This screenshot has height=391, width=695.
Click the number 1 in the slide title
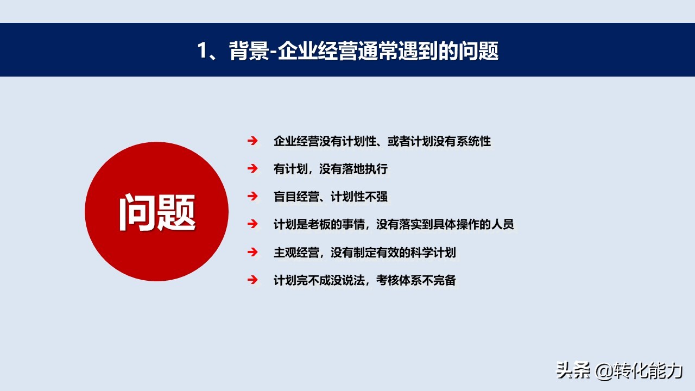point(202,51)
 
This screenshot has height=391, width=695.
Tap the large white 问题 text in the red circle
point(157,212)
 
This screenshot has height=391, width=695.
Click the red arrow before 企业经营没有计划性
point(252,141)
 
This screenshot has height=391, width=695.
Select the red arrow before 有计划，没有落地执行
point(252,168)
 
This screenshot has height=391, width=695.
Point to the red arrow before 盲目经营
point(252,196)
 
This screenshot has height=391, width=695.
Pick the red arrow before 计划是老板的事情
point(252,224)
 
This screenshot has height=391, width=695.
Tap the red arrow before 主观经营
point(252,251)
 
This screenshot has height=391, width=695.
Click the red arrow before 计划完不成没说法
point(252,280)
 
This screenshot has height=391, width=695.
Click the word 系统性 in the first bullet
point(473,141)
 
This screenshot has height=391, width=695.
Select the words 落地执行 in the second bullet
point(365,169)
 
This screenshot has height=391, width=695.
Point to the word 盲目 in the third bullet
point(285,197)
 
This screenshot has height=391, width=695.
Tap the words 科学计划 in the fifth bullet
point(433,253)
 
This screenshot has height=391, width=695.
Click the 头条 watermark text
point(573,370)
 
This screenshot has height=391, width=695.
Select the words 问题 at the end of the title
point(479,51)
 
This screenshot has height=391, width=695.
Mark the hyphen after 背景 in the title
point(273,52)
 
